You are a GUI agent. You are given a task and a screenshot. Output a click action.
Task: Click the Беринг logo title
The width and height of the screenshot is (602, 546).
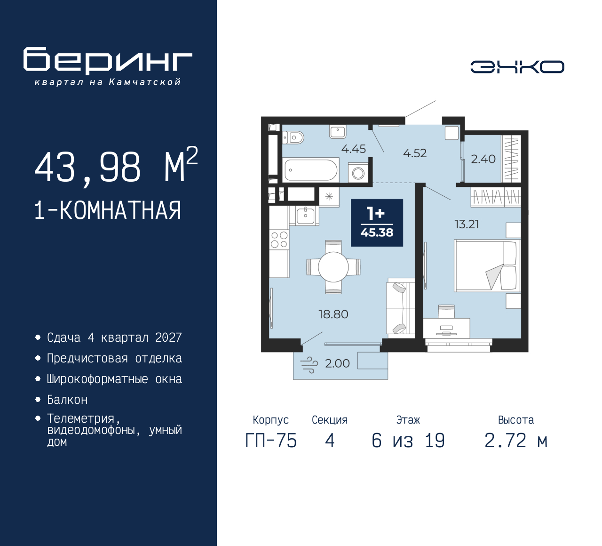[x=108, y=61]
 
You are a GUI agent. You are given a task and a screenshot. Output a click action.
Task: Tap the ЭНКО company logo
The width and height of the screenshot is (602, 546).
[x=517, y=67]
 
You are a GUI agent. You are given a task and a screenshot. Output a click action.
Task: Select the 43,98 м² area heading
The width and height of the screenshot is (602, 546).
[x=116, y=167]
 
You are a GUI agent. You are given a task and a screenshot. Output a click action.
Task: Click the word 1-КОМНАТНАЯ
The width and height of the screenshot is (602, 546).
[x=108, y=210]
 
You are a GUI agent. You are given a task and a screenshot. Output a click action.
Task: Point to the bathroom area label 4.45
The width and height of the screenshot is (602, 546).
[x=353, y=149]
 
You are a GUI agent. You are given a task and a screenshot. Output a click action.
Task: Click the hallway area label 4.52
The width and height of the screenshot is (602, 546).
[x=415, y=153]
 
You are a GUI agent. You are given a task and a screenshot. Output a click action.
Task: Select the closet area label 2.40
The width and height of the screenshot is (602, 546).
[x=483, y=159]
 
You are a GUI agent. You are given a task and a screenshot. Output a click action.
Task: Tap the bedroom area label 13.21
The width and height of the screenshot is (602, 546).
[x=467, y=224]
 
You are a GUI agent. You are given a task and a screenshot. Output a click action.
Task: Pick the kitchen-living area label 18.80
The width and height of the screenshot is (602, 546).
[x=333, y=314]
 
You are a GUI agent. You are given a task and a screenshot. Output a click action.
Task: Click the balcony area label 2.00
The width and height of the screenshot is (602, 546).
[x=337, y=363]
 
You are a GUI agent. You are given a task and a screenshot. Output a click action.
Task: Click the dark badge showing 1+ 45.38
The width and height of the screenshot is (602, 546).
[x=377, y=223]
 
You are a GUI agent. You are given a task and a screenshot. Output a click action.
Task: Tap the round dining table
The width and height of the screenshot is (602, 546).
[x=333, y=267]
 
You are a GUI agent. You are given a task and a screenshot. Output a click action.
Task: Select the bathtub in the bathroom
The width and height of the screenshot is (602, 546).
[x=311, y=170]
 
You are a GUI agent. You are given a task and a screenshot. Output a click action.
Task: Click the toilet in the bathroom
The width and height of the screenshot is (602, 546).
[x=294, y=137]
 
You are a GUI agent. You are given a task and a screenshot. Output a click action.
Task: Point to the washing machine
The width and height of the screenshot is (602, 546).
[x=358, y=173]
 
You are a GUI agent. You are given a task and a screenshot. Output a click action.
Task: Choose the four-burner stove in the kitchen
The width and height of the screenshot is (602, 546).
[x=279, y=240]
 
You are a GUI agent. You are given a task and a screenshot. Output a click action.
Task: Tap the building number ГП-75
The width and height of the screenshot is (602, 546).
[x=271, y=441]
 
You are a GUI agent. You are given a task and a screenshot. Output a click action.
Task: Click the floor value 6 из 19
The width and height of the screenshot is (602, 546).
[x=408, y=441]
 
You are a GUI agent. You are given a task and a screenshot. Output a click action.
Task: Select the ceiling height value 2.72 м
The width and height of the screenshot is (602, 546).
[x=516, y=441]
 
